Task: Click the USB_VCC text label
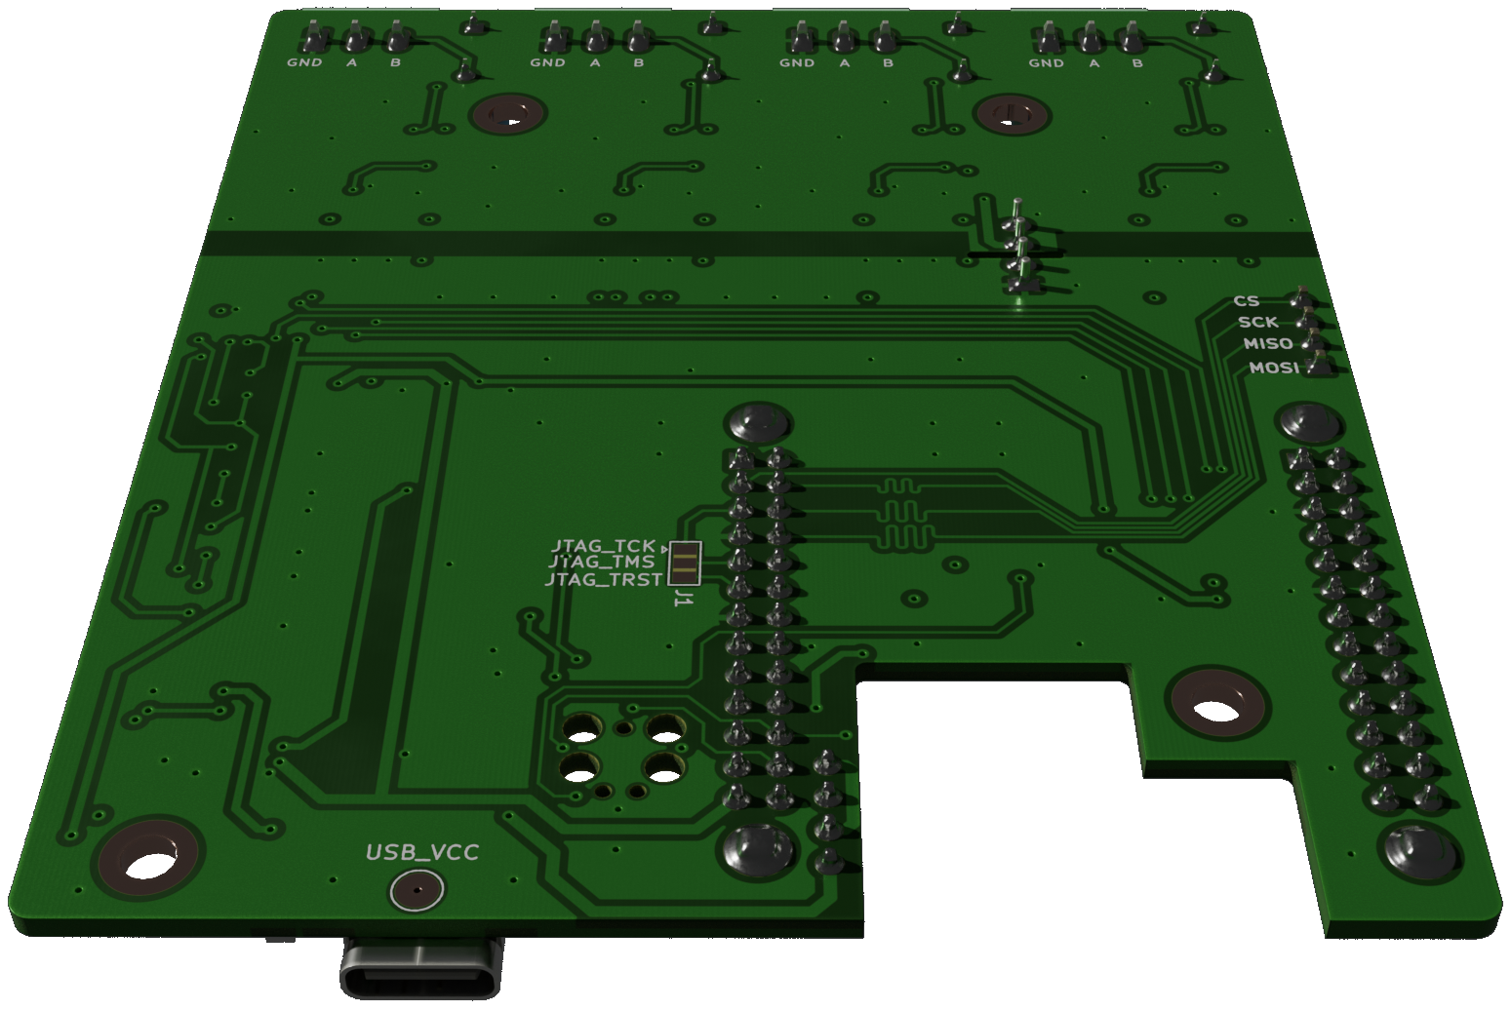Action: coord(421,853)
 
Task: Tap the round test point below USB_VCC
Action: coord(417,891)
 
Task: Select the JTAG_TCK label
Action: coord(603,546)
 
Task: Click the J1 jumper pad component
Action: coord(685,563)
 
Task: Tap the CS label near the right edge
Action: coord(1246,301)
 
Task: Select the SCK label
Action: coord(1257,322)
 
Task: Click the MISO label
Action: coord(1268,344)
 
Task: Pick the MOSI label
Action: coord(1274,368)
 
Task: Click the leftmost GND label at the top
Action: coord(304,63)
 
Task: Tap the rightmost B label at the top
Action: coord(1137,63)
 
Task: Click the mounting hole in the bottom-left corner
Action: coord(148,863)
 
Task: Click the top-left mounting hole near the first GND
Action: coord(506,115)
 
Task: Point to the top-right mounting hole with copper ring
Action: coord(1013,114)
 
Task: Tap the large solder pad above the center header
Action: coord(757,424)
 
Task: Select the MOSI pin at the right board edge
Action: coord(1318,366)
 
